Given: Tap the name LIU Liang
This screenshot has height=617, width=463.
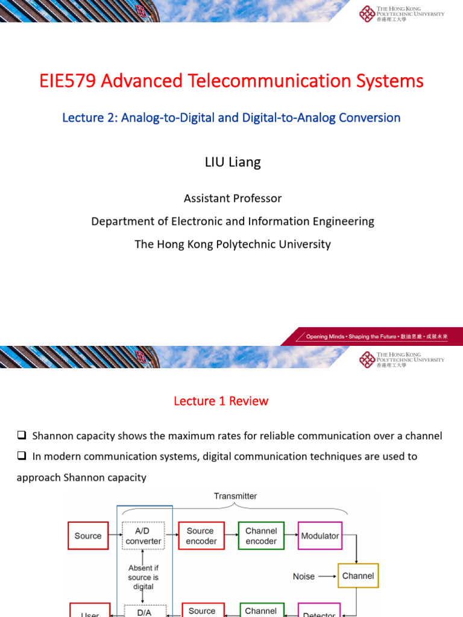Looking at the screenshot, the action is point(233,163).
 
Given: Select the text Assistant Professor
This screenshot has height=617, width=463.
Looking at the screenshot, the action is point(233,198).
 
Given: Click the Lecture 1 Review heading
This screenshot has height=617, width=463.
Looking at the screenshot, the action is point(221,401).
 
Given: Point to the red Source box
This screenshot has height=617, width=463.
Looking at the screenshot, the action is point(88,536).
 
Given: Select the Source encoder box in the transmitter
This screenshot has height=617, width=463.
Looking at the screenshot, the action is point(200,536).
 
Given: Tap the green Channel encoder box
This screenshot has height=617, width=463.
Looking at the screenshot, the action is point(261,536).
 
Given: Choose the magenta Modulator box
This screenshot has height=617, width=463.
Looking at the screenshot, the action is point(320,536).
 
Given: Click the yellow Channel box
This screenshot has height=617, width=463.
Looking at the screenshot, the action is point(358,576).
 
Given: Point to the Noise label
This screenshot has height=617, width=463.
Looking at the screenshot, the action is point(304,577).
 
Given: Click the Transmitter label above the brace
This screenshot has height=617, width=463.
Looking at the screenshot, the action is point(235,496).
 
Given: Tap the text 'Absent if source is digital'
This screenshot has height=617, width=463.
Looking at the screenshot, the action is point(143,577).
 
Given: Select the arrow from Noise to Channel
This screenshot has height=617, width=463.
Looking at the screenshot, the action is point(327,576).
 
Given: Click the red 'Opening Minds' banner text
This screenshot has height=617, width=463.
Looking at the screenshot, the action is point(377,336).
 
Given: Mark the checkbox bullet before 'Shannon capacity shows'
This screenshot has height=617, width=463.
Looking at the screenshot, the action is point(22,436).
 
